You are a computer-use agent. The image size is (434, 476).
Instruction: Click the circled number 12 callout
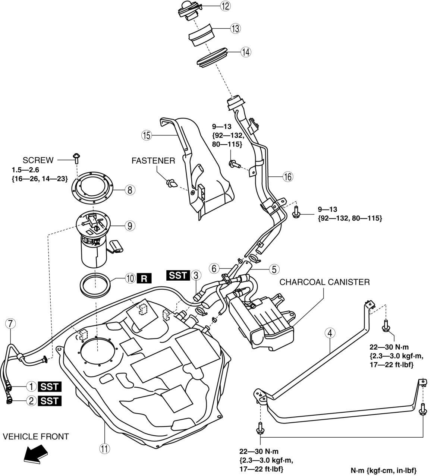click(x=225, y=6)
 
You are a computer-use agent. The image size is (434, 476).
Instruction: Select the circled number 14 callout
click(x=245, y=52)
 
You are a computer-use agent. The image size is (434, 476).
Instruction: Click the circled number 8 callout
click(x=130, y=190)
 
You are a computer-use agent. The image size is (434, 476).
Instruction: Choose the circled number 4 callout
click(x=330, y=333)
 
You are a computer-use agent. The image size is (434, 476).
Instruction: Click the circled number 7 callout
click(x=10, y=324)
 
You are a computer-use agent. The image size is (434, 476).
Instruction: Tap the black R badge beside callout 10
click(x=145, y=278)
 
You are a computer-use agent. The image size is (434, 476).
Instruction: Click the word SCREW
click(x=38, y=160)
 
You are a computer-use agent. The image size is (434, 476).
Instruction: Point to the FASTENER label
click(x=153, y=161)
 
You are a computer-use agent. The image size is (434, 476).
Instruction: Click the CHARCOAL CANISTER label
click(x=324, y=282)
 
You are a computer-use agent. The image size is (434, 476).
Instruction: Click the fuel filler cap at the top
click(x=191, y=9)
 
